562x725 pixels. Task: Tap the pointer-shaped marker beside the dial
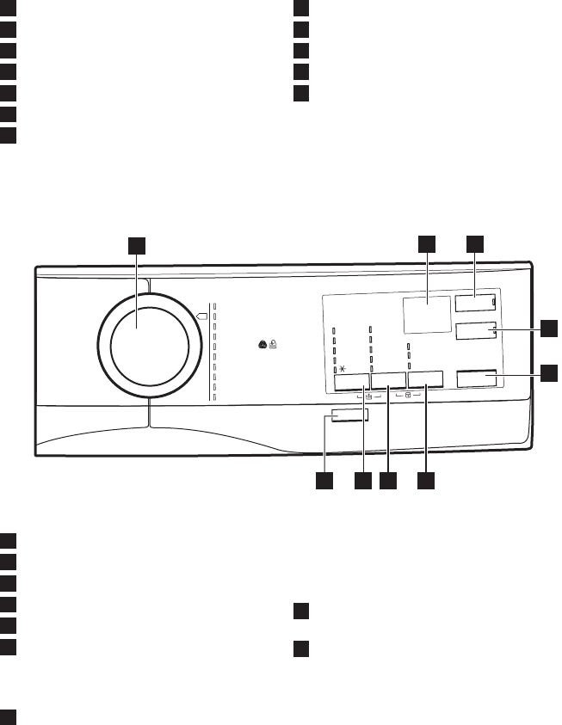pyautogui.click(x=203, y=316)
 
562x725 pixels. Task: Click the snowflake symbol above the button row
pyautogui.click(x=342, y=368)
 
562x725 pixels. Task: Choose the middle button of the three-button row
pyautogui.click(x=389, y=381)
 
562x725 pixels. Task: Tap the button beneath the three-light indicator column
pyautogui.click(x=426, y=381)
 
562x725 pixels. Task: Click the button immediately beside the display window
pyautogui.click(x=475, y=303)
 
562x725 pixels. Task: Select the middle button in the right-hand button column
pyautogui.click(x=475, y=332)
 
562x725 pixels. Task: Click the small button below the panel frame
pyautogui.click(x=348, y=418)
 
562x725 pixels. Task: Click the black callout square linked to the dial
pyautogui.click(x=137, y=245)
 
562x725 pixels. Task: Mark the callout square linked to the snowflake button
pyautogui.click(x=361, y=482)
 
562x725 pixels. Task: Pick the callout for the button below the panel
pyautogui.click(x=325, y=482)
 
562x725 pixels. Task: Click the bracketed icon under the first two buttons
pyautogui.click(x=367, y=396)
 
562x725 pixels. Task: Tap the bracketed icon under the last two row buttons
pyautogui.click(x=408, y=396)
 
